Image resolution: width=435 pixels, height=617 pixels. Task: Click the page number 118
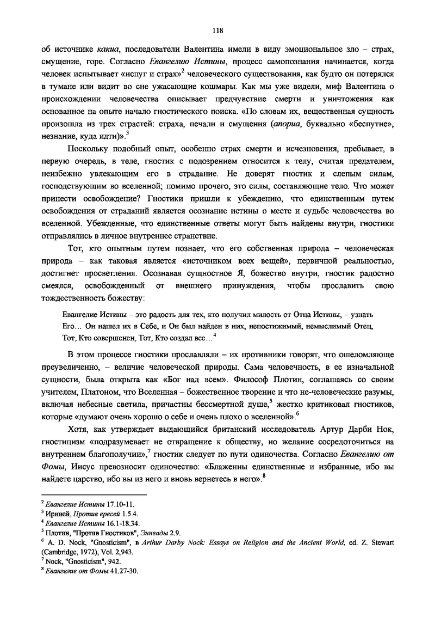(x=217, y=29)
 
